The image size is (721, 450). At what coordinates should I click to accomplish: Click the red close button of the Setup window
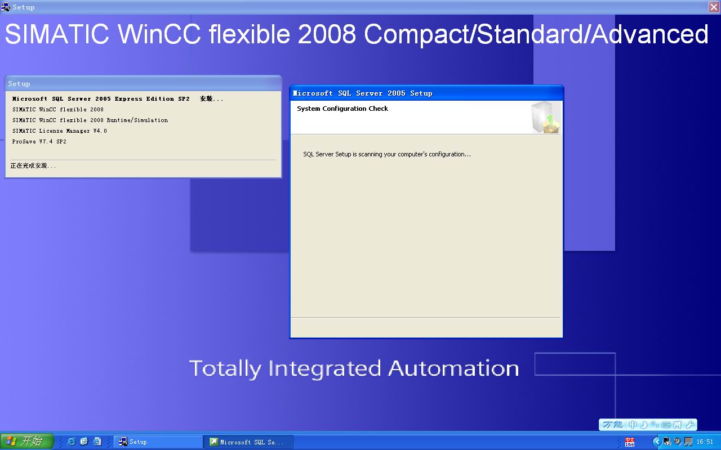pyautogui.click(x=714, y=7)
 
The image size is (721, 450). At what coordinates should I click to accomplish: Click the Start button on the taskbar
pyautogui.click(x=26, y=441)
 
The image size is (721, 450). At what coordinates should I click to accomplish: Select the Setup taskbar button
pyautogui.click(x=158, y=442)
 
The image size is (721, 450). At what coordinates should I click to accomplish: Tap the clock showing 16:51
pyautogui.click(x=705, y=442)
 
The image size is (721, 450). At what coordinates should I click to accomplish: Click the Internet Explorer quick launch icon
pyautogui.click(x=71, y=442)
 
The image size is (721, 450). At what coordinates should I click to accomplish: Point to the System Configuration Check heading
pyautogui.click(x=342, y=109)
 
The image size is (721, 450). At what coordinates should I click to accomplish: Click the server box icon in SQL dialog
pyautogui.click(x=546, y=118)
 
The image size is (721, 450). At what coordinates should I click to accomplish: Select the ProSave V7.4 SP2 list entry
pyautogui.click(x=39, y=141)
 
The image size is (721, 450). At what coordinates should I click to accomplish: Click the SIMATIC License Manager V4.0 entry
pyautogui.click(x=60, y=131)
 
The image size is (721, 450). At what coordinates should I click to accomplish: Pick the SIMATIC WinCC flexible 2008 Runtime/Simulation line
pyautogui.click(x=90, y=120)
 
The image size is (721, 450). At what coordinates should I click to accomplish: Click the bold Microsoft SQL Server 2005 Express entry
pyautogui.click(x=101, y=98)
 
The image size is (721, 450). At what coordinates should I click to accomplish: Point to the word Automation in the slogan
pyautogui.click(x=453, y=368)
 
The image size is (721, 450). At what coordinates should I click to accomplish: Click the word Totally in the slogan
pyautogui.click(x=225, y=369)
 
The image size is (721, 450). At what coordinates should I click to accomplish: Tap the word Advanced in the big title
pyautogui.click(x=649, y=34)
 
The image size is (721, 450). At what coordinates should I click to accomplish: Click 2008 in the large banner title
pyautogui.click(x=327, y=34)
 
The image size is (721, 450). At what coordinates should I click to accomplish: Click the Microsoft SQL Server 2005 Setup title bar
pyautogui.click(x=426, y=93)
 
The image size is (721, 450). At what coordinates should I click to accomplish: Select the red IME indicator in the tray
pyautogui.click(x=630, y=442)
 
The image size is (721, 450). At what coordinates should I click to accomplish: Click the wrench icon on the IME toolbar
pyautogui.click(x=690, y=425)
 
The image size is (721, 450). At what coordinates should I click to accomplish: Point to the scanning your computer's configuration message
pyautogui.click(x=387, y=154)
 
